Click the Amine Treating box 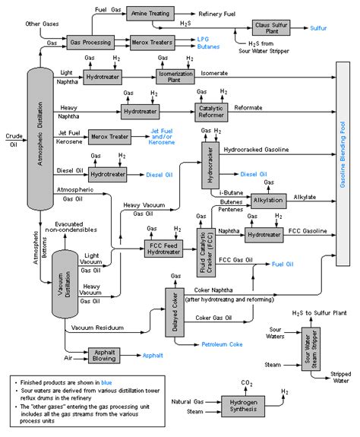coord(155,13)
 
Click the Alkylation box coord(270,201)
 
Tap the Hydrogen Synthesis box coord(242,404)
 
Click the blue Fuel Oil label coord(283,264)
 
